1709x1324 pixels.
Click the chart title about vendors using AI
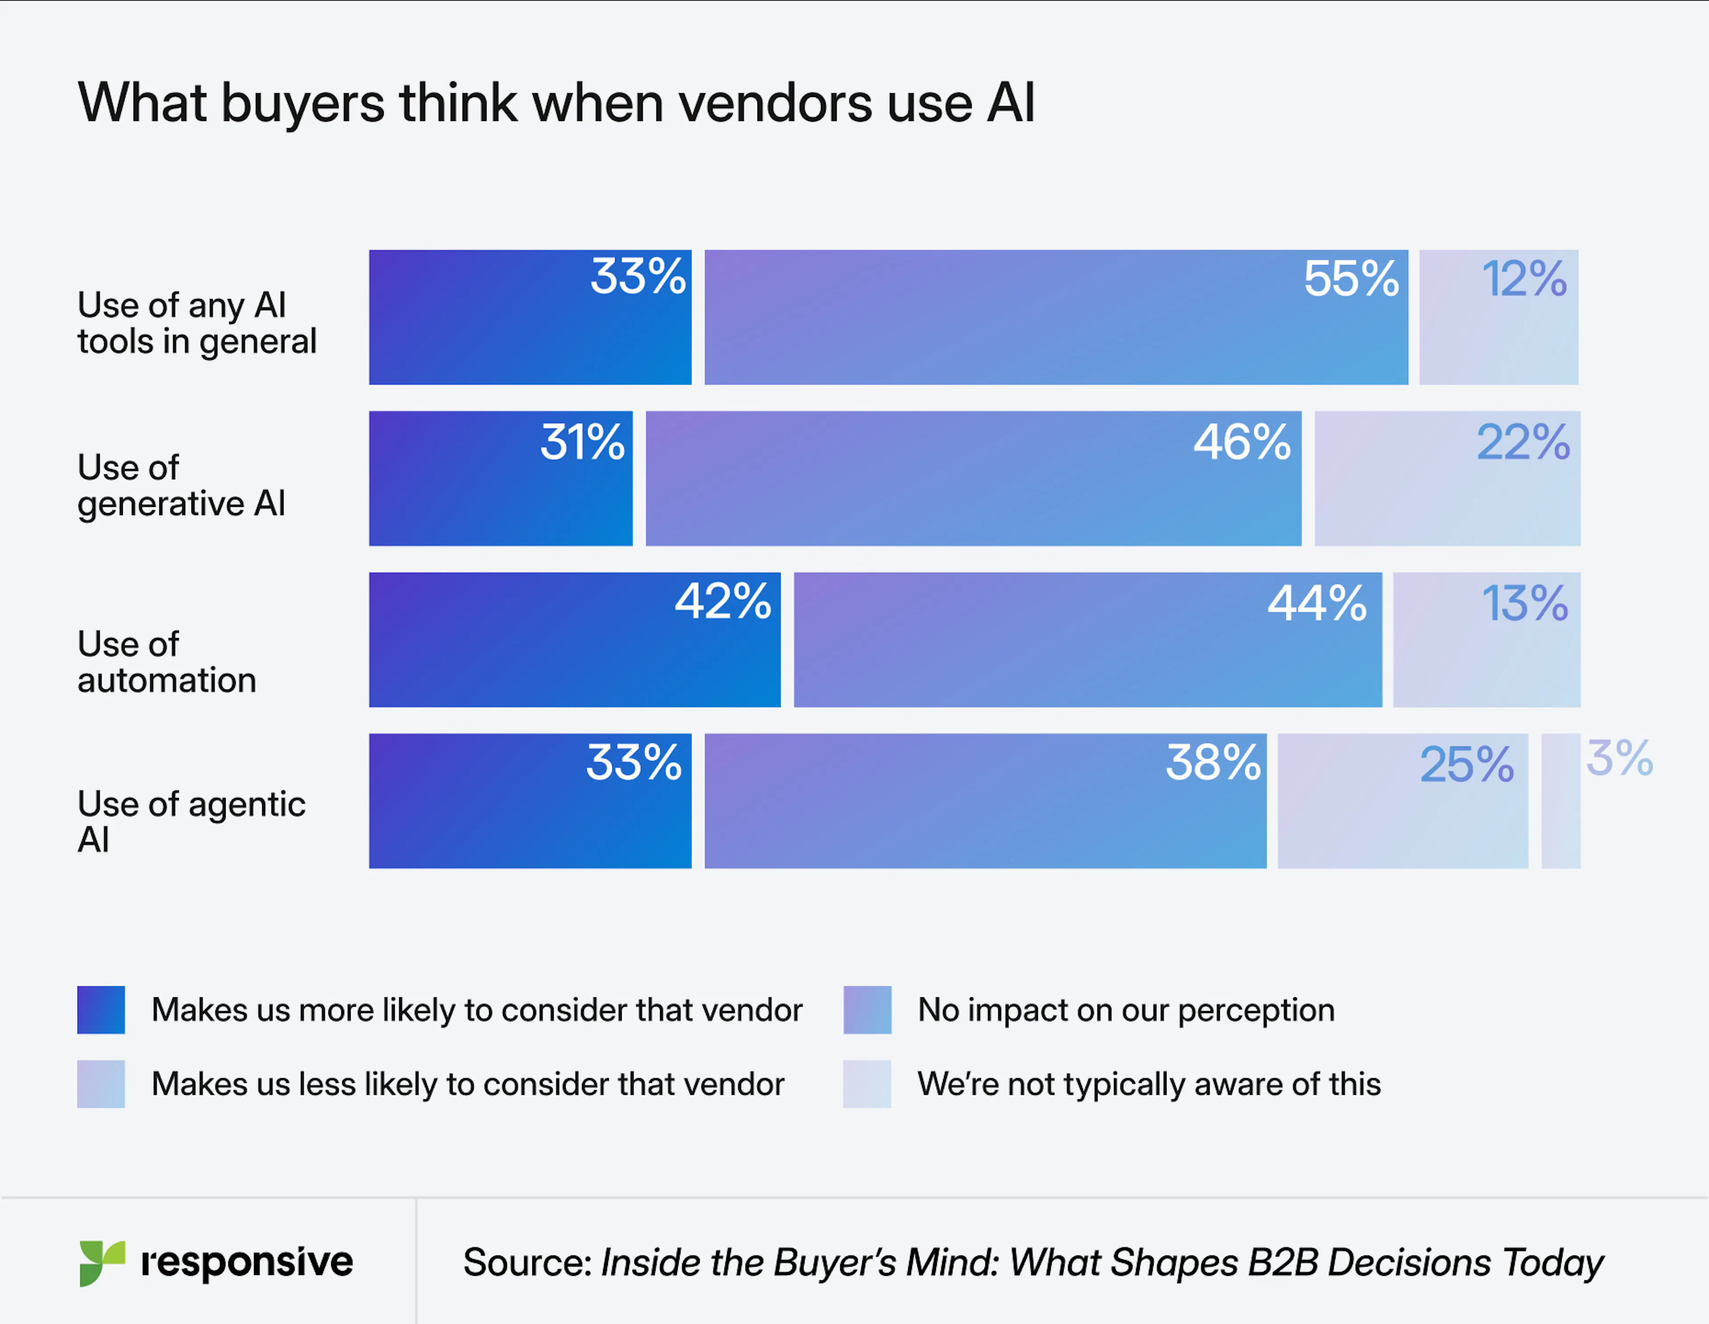click(555, 103)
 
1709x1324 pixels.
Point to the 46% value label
click(1241, 442)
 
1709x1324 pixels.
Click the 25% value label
click(1466, 765)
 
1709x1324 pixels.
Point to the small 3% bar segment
click(1560, 801)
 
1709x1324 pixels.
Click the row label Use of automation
click(167, 662)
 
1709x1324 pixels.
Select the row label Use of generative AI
click(181, 485)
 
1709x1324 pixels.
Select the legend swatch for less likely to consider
click(101, 1084)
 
